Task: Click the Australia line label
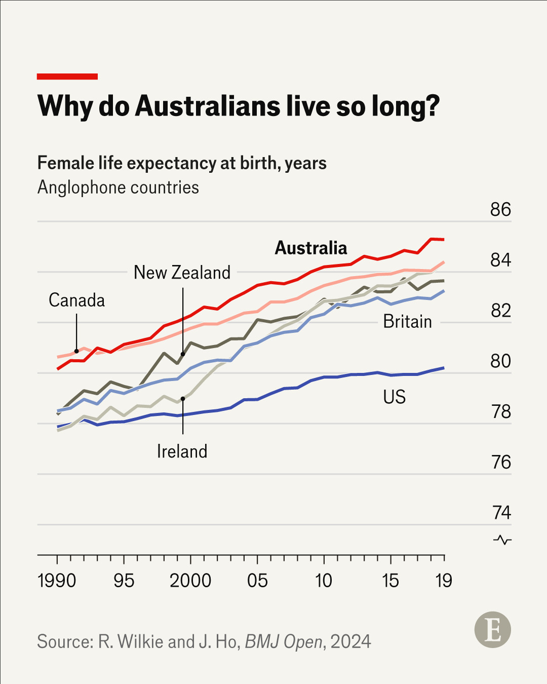(x=311, y=248)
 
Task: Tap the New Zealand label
(x=182, y=273)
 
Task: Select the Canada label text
(x=76, y=300)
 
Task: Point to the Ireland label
(x=182, y=451)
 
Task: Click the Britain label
(x=407, y=322)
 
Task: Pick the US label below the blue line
(x=394, y=397)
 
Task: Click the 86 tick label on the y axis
(x=500, y=210)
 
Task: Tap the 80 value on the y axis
(x=500, y=361)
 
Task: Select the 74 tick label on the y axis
(x=501, y=513)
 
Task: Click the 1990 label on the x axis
(x=57, y=581)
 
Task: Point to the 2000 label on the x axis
(x=190, y=581)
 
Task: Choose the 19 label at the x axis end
(x=444, y=581)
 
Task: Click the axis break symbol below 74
(x=502, y=540)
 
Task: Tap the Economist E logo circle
(x=492, y=630)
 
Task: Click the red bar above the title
(x=67, y=77)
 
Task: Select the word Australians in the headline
(x=208, y=106)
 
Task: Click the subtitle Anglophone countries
(x=118, y=187)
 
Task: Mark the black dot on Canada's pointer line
(x=76, y=351)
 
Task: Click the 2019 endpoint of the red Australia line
(x=443, y=239)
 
